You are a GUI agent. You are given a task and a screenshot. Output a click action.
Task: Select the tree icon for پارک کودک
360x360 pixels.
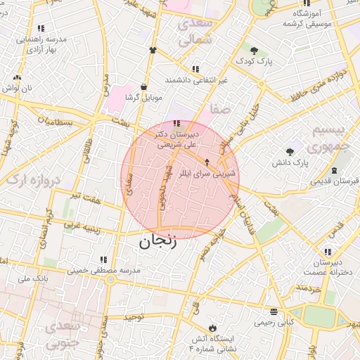pyautogui.click(x=254, y=51)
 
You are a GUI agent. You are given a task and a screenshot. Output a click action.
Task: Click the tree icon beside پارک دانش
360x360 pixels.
pyautogui.click(x=290, y=152)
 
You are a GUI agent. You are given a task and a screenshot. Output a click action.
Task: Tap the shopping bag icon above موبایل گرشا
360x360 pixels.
pyautogui.click(x=143, y=87)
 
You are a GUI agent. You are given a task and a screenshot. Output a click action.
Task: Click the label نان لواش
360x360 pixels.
pyautogui.click(x=17, y=89)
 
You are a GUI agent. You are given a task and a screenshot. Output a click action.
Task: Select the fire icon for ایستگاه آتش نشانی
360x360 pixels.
pyautogui.click(x=212, y=328)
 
